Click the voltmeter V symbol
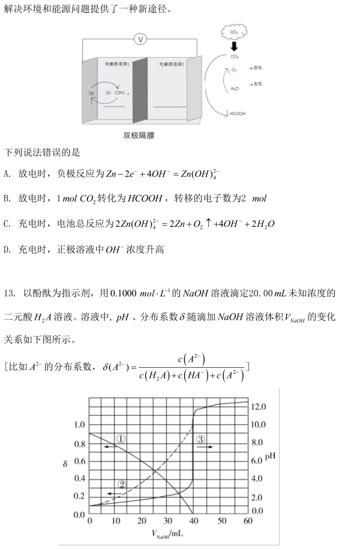(140, 39)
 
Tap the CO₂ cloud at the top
(233, 32)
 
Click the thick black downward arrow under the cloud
(234, 47)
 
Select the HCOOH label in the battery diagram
(237, 113)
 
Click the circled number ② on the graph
(122, 485)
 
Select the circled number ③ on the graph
(202, 439)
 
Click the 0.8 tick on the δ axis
(79, 445)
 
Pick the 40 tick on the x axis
(194, 521)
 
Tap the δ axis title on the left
(65, 464)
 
